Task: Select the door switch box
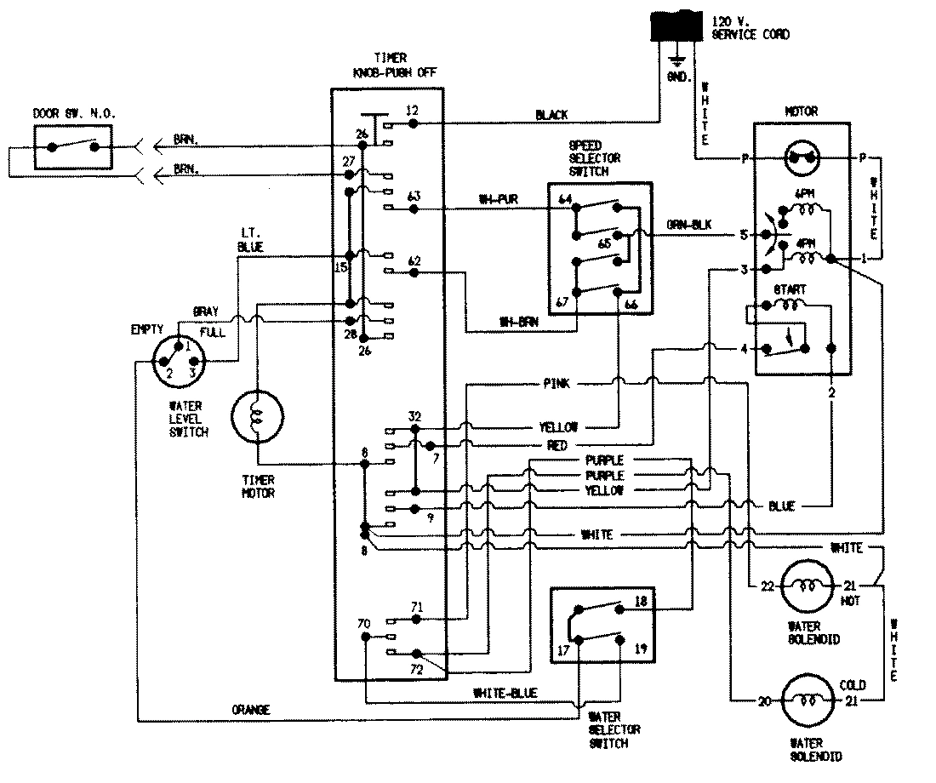point(73,146)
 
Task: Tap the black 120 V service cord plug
point(677,28)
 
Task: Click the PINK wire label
point(556,384)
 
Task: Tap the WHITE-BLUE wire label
point(505,694)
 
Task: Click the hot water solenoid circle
point(805,586)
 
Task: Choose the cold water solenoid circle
point(805,701)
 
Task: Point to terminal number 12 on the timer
point(413,111)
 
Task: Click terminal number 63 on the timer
point(414,197)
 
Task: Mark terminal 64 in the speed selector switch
point(565,199)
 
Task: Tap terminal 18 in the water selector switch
point(641,602)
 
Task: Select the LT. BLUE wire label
point(251,240)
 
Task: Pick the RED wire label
point(557,445)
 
